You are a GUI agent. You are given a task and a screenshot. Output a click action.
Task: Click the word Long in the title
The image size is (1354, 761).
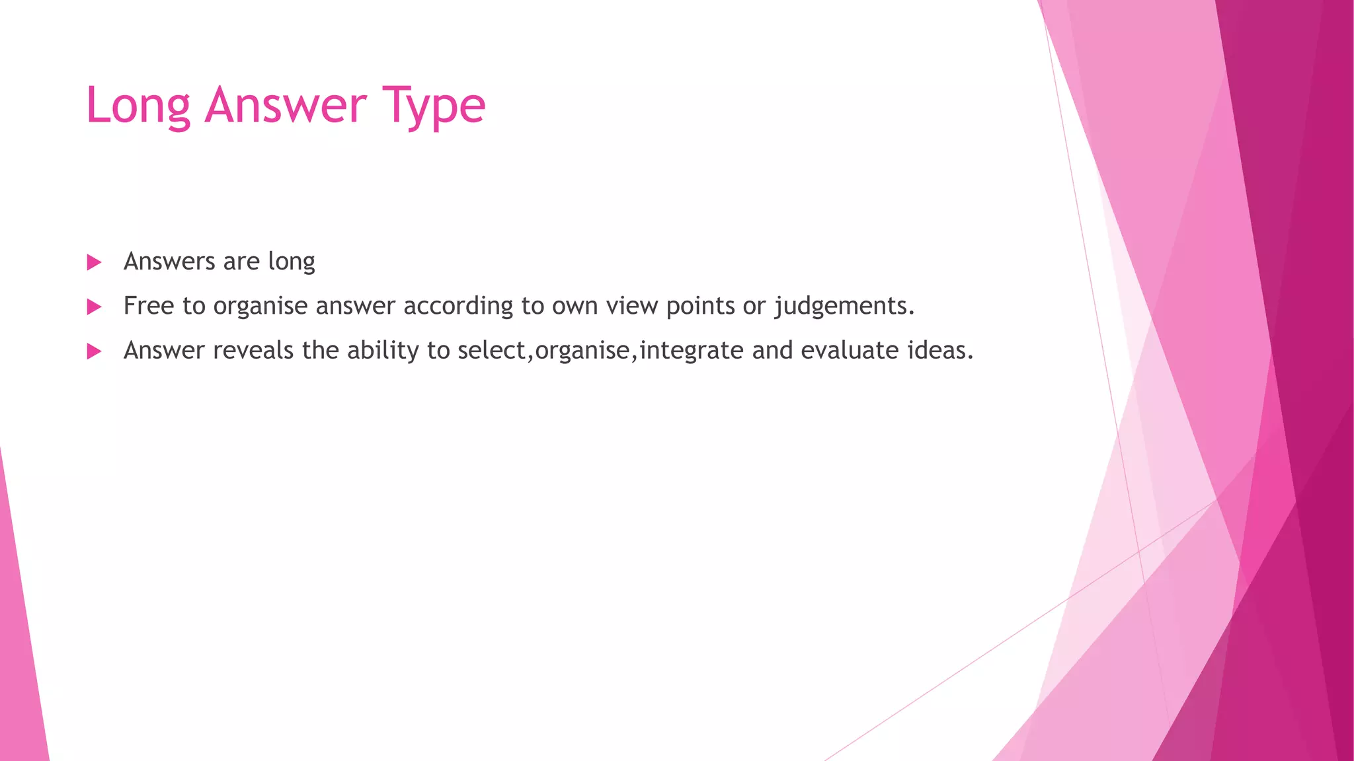tap(138, 106)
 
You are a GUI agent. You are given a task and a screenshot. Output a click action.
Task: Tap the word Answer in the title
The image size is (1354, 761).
tap(286, 106)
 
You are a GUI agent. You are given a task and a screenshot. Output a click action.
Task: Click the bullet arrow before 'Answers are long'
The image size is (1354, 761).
tap(94, 262)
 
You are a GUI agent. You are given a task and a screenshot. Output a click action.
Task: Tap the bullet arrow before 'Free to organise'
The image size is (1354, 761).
tap(94, 307)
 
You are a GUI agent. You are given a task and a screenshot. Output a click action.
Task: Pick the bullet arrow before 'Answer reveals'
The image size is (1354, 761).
tap(94, 351)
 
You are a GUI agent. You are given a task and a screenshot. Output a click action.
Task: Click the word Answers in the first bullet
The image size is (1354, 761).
tap(169, 262)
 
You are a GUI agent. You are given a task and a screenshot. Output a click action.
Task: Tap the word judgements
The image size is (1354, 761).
tap(844, 307)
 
